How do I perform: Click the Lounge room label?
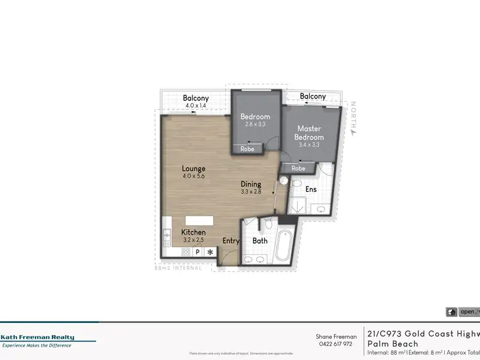click(x=193, y=169)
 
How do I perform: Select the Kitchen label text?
click(x=193, y=232)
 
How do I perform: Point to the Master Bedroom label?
click(x=309, y=133)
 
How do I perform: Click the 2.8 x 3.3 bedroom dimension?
click(x=255, y=125)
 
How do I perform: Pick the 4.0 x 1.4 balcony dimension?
click(x=196, y=105)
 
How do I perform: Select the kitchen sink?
click(x=166, y=236)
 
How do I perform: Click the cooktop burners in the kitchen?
click(x=186, y=252)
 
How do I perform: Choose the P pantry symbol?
click(x=198, y=252)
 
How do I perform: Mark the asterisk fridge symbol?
click(x=209, y=252)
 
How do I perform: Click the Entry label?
click(x=231, y=241)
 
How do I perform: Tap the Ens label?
click(x=311, y=190)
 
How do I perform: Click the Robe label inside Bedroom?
click(x=247, y=149)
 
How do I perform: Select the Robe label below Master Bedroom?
click(x=298, y=168)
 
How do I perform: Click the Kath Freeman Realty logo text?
click(x=37, y=338)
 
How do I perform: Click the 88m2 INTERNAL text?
click(x=179, y=268)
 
